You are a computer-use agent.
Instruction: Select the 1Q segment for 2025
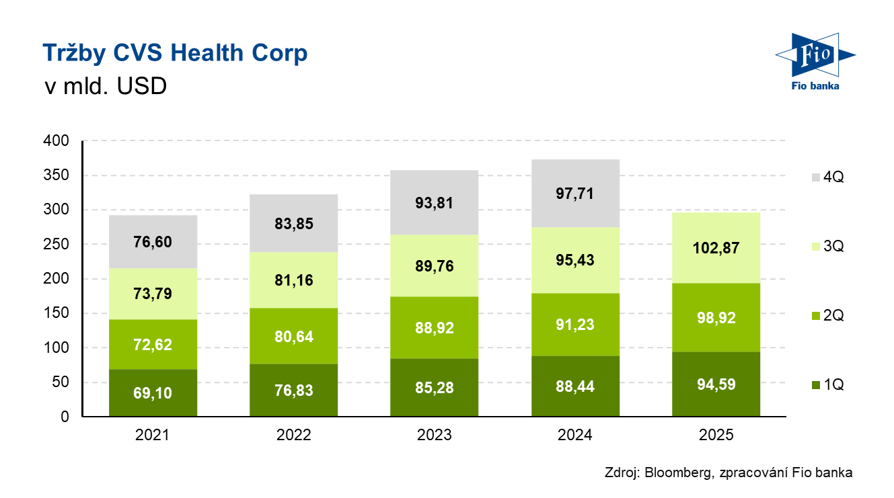click(716, 384)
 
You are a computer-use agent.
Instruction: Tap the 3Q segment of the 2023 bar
click(434, 265)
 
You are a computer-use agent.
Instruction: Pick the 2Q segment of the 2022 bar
click(293, 335)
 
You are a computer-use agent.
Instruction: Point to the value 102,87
click(716, 247)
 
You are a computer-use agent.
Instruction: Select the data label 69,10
click(153, 393)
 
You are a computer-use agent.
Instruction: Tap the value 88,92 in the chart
click(434, 328)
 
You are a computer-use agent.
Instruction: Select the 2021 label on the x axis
click(153, 435)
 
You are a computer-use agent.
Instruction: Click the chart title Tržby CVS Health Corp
click(175, 53)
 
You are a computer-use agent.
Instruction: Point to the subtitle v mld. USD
click(104, 87)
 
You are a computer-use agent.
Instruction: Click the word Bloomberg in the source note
click(677, 472)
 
